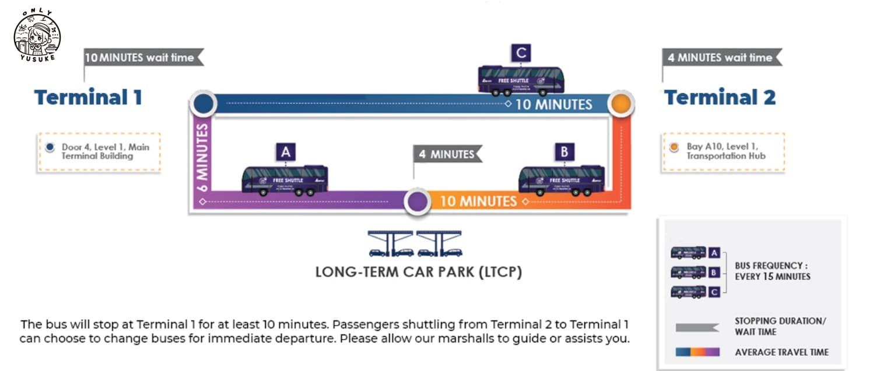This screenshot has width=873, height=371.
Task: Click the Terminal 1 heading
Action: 88,97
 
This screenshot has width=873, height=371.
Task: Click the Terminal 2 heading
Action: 720,97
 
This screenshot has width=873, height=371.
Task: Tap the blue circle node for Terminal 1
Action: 202,105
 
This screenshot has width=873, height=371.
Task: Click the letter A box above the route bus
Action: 286,152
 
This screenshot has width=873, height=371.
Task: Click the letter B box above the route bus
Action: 564,152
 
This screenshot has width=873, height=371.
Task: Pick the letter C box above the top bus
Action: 521,53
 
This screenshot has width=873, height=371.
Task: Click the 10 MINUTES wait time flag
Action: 143,58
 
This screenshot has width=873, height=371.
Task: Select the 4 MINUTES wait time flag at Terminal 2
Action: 721,58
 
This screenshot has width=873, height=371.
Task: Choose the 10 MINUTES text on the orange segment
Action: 478,202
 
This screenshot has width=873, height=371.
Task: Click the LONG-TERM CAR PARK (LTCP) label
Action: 418,272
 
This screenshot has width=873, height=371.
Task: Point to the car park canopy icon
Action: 415,243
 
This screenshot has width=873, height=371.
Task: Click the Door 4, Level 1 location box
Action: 99,152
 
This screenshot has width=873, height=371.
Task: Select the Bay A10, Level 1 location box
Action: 723,152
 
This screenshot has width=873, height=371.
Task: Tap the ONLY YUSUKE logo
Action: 37,34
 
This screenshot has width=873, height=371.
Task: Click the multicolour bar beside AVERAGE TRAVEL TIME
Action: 697,352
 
